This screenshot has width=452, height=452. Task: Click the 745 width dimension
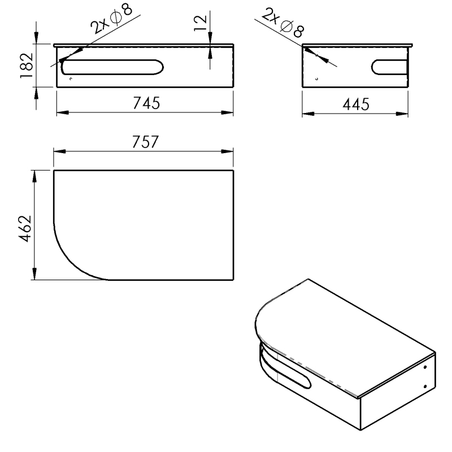click(146, 103)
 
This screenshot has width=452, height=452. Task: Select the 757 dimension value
click(145, 142)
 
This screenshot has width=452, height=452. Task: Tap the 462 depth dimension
click(25, 228)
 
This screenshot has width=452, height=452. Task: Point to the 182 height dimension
click(27, 66)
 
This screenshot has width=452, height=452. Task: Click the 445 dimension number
click(356, 104)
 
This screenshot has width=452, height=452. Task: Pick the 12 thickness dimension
click(201, 23)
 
